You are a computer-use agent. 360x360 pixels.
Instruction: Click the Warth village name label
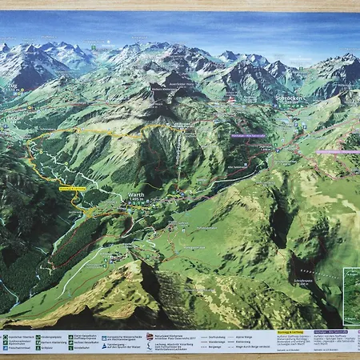[135, 194]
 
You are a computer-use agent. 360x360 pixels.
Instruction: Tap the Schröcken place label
[289, 98]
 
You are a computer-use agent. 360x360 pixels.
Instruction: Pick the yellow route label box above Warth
[73, 189]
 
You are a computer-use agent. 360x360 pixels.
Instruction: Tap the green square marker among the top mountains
[94, 47]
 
